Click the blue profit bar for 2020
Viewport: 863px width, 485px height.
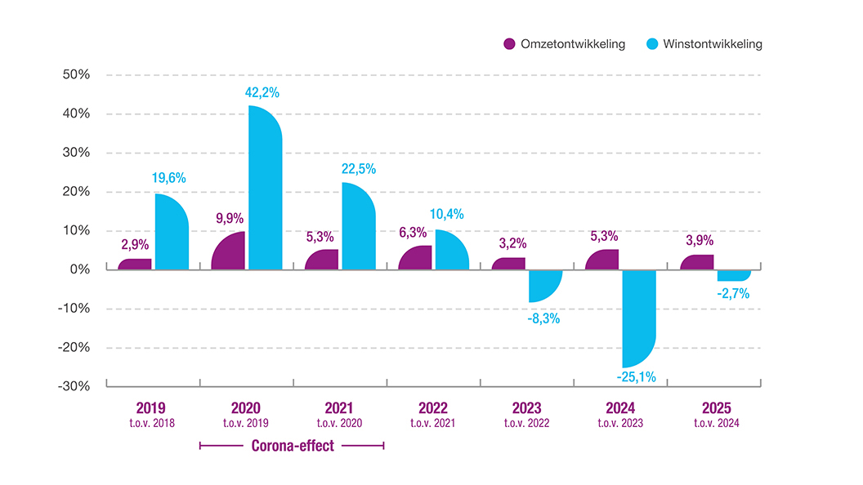[266, 188]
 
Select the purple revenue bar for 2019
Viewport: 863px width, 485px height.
[135, 265]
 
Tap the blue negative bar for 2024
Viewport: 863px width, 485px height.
[639, 318]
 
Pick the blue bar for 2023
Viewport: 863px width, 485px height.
[545, 286]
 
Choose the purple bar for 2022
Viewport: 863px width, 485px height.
[415, 258]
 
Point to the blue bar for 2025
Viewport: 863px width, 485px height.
[734, 275]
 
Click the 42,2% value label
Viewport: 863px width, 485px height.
[262, 92]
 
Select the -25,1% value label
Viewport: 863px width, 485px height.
[637, 376]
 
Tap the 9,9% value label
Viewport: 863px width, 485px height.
[230, 218]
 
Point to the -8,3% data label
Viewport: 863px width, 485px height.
[543, 318]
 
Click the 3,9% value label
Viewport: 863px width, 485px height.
[700, 240]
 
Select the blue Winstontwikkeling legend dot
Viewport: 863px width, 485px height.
[652, 44]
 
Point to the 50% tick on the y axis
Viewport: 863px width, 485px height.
[76, 74]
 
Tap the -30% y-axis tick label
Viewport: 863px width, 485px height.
[74, 386]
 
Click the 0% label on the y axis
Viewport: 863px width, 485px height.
[80, 269]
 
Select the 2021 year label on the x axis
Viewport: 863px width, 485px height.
[339, 408]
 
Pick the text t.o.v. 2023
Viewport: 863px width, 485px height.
[620, 423]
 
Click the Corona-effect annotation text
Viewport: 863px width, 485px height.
[293, 446]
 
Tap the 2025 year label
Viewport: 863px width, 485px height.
[717, 408]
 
